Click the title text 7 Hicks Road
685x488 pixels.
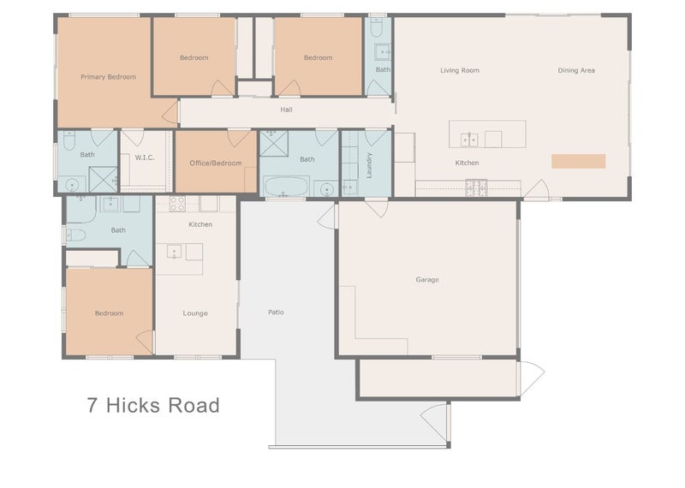click(152, 405)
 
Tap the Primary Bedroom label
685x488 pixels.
click(108, 77)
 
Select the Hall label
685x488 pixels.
click(287, 110)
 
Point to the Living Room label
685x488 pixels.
click(460, 70)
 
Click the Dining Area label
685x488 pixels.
click(576, 70)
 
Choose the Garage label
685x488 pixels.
click(427, 279)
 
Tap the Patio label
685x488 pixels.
click(276, 312)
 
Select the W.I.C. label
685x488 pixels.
click(144, 158)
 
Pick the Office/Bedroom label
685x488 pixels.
click(215, 163)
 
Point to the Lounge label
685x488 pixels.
click(195, 313)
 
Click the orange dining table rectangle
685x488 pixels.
click(578, 161)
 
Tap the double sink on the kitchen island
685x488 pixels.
click(468, 139)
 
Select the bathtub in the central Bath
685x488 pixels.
click(284, 187)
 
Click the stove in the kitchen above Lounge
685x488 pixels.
click(178, 204)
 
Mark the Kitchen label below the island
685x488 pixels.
click(467, 163)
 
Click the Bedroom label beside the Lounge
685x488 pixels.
click(109, 313)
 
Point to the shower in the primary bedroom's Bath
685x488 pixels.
click(103, 181)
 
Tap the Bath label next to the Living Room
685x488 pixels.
click(383, 70)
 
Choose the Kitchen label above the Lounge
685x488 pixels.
click(200, 224)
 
